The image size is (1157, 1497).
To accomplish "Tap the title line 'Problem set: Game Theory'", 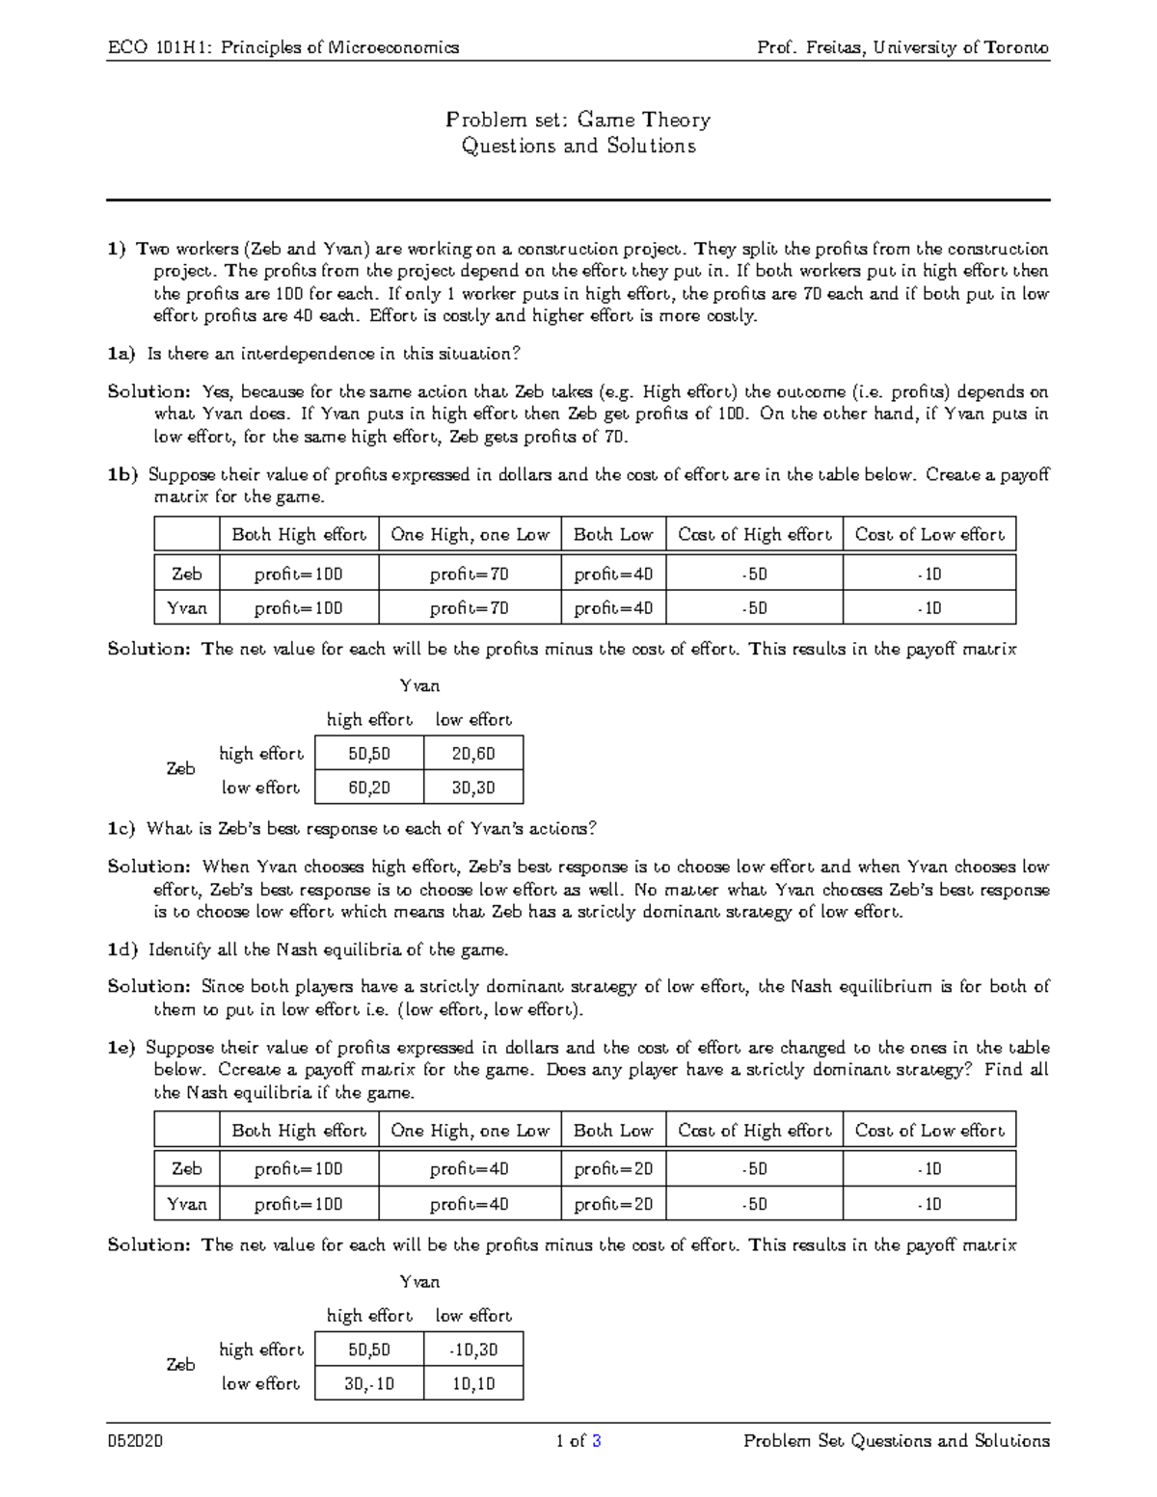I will [x=578, y=120].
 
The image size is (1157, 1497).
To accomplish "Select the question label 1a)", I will [x=121, y=354].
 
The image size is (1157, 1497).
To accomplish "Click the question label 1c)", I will [x=122, y=828].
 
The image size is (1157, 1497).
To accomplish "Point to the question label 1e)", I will [x=121, y=1047].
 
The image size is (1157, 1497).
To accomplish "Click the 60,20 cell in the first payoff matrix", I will [x=369, y=788].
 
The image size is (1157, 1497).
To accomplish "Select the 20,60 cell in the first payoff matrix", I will [x=473, y=754].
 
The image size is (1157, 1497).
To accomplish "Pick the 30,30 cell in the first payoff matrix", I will [x=473, y=788].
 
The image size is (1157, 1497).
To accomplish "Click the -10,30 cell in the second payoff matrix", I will [x=473, y=1350].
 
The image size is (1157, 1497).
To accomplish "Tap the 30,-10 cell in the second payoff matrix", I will [x=369, y=1383].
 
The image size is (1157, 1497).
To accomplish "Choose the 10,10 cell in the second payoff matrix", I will [x=473, y=1383].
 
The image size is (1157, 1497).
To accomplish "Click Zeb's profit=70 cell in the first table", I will [x=470, y=575].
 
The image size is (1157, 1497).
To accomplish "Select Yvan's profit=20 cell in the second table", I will [x=613, y=1204].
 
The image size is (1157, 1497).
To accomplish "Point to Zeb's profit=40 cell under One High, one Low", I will [x=470, y=1169].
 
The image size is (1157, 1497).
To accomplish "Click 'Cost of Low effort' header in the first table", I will [x=929, y=534].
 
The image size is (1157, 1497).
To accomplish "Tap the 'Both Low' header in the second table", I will [x=613, y=1130].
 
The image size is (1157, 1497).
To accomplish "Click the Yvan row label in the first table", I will [x=187, y=608].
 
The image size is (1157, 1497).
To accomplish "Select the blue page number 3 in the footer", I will [x=597, y=1441].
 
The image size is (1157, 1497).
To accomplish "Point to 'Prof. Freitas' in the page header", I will [x=805, y=47].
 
